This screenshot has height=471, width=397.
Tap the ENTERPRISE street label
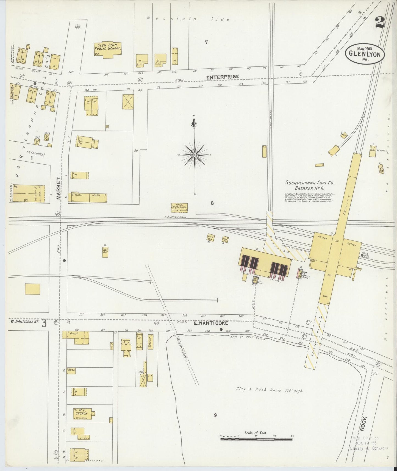223,77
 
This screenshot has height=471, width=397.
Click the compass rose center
195,155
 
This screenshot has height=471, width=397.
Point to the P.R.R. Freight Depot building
179,208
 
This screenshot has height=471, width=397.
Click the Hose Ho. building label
150,341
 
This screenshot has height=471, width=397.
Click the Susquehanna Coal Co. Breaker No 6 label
310,185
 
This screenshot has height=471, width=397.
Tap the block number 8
212,203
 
